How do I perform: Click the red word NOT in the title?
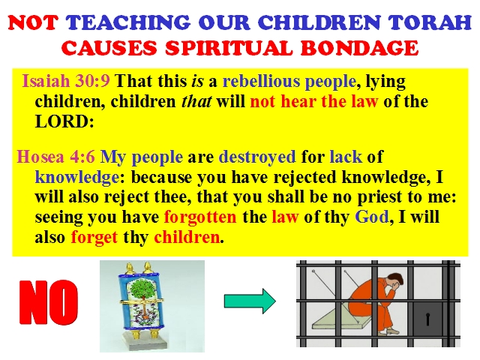(33, 22)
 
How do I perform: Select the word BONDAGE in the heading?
(359, 48)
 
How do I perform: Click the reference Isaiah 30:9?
(66, 81)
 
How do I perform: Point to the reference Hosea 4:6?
(55, 157)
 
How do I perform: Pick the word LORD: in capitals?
(64, 121)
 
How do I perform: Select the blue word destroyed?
(257, 157)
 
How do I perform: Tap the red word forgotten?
(200, 217)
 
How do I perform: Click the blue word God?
(372, 217)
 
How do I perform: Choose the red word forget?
(94, 238)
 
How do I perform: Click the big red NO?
(49, 302)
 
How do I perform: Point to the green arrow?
(250, 301)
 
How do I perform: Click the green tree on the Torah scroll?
(142, 288)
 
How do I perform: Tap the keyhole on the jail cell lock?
(428, 319)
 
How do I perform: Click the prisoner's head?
(395, 282)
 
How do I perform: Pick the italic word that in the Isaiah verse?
(196, 102)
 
